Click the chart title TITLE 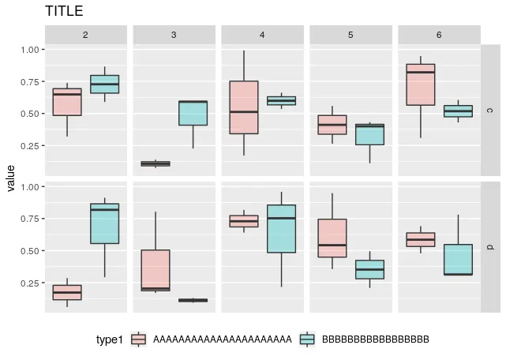click(64, 11)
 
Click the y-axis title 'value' click(10, 178)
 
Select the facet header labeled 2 click(85, 35)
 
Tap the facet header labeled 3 click(174, 35)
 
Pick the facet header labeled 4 click(262, 35)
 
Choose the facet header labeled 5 click(350, 35)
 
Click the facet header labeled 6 click(439, 35)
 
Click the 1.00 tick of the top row click(30, 49)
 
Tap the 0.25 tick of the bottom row click(30, 283)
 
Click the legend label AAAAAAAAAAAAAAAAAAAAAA click(222, 339)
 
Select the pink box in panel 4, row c click(244, 107)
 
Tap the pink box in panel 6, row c click(421, 84)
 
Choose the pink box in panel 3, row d click(156, 270)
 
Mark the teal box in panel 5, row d click(369, 269)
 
